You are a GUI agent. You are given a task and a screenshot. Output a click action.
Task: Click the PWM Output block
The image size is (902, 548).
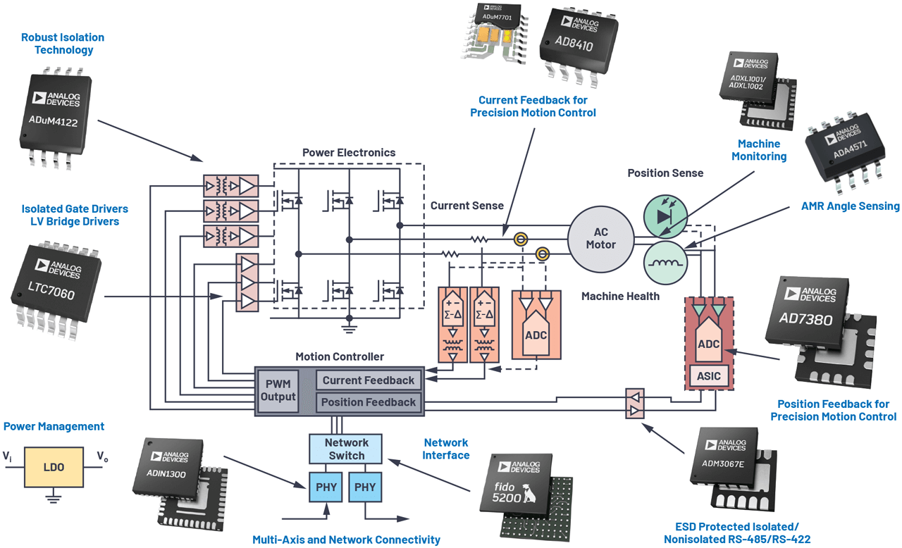pyautogui.click(x=278, y=390)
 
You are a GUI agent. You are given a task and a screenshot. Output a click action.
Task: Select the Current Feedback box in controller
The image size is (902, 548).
pyautogui.click(x=368, y=380)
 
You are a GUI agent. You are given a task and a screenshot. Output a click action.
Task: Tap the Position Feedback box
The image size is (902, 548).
pyautogui.click(x=368, y=402)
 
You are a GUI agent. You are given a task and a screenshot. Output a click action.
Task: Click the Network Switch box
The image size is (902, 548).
pyautogui.click(x=346, y=449)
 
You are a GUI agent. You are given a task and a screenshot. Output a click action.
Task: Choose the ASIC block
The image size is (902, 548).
pyautogui.click(x=708, y=375)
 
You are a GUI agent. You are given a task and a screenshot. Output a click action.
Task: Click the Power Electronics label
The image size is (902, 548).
pyautogui.click(x=349, y=153)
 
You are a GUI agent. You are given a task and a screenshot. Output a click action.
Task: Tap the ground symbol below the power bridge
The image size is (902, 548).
pyautogui.click(x=347, y=325)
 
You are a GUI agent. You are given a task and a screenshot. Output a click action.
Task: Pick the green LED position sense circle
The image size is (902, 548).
pyautogui.click(x=665, y=216)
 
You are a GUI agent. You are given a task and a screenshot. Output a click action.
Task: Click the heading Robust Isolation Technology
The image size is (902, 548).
pyautogui.click(x=63, y=44)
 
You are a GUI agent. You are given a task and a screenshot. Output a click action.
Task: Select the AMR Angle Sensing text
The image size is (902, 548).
pyautogui.click(x=850, y=206)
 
